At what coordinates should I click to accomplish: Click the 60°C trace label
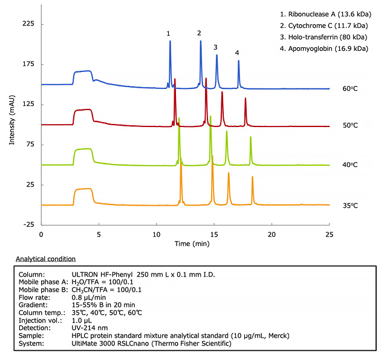350,89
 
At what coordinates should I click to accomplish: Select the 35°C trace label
350,206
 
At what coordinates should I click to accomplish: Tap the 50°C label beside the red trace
350,126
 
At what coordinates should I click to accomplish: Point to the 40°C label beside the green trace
350,165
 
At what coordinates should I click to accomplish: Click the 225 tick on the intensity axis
28,24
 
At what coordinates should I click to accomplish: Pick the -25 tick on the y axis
28,224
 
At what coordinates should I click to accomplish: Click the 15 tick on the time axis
214,234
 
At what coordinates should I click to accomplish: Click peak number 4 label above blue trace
238,53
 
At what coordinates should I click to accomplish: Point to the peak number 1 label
169,34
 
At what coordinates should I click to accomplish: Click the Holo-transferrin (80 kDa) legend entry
322,36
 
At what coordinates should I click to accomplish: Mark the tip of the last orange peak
252,177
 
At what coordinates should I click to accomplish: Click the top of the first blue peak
170,41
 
